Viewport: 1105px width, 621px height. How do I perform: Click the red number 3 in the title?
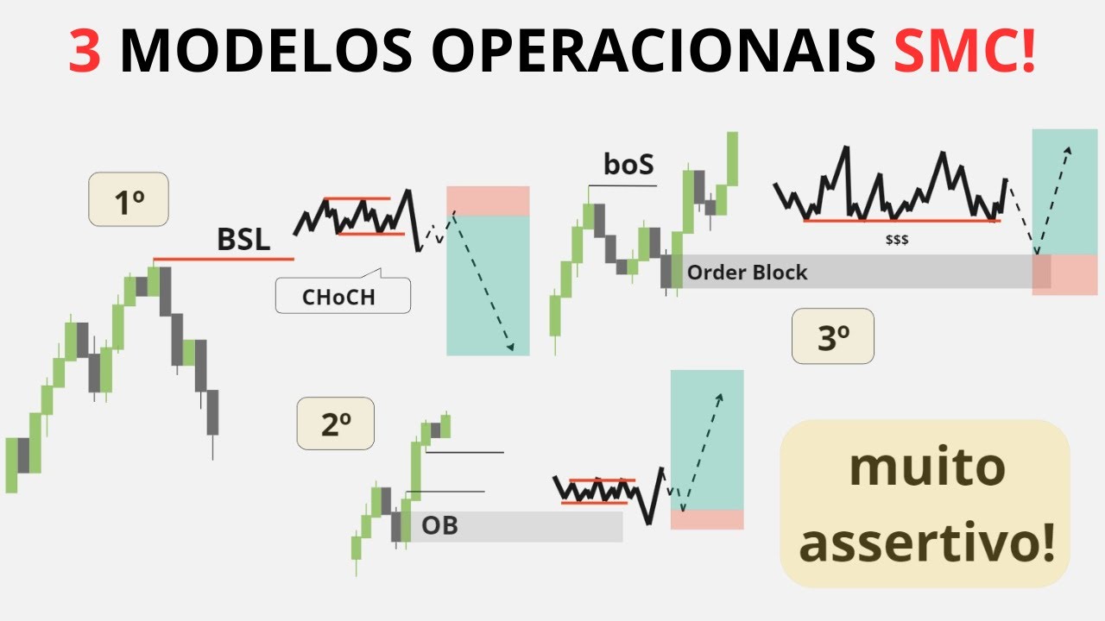(x=86, y=52)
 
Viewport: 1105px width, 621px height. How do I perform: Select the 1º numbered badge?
(x=129, y=201)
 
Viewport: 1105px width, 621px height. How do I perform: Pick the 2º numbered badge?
(x=335, y=423)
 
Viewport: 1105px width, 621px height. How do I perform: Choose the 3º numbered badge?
(x=832, y=336)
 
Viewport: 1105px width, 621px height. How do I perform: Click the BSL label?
(x=243, y=241)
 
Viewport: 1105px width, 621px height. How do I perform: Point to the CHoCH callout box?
(x=343, y=297)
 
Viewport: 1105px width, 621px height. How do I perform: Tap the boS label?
(x=628, y=165)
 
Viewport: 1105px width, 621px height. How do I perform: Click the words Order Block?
(x=747, y=273)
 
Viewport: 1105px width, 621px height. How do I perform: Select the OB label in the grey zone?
(x=439, y=524)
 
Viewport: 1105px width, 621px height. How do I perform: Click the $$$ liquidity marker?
(x=896, y=241)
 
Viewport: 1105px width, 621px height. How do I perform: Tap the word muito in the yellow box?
(x=927, y=467)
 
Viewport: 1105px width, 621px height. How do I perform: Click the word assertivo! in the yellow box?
(x=927, y=543)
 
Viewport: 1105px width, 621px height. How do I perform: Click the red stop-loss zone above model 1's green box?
(x=488, y=201)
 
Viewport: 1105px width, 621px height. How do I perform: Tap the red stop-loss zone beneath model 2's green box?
(x=707, y=519)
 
